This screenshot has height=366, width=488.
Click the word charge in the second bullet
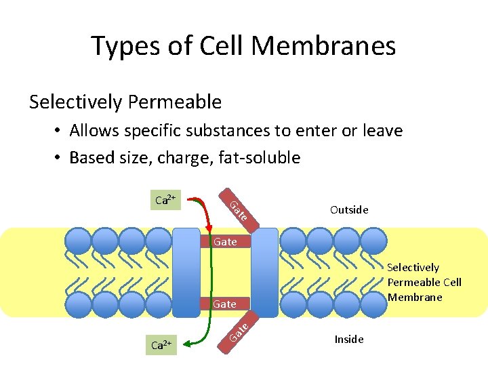185,158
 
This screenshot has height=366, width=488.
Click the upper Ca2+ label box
165,200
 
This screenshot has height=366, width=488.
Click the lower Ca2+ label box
161,345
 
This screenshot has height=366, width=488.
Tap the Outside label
349,209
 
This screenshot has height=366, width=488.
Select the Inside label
349,339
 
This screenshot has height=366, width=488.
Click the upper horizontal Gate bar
225,241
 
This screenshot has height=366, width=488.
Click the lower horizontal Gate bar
225,304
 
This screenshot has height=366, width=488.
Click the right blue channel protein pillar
264,271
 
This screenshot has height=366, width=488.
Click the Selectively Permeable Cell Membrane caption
424,282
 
